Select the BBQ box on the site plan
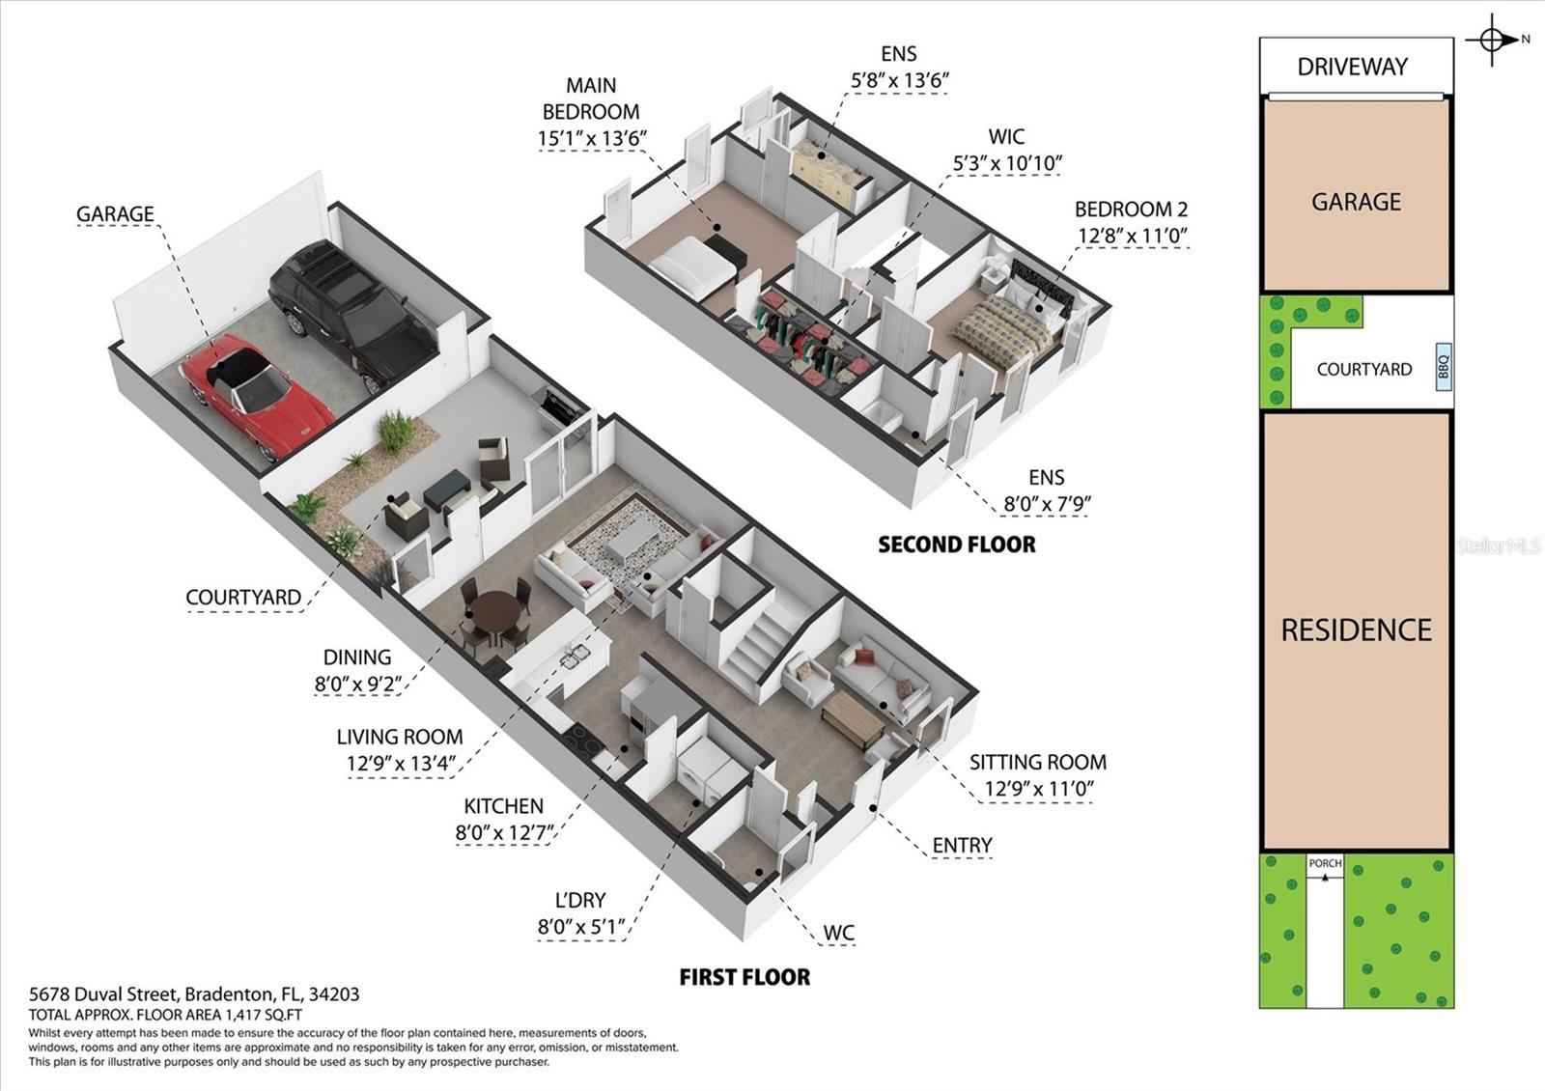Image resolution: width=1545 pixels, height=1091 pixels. coord(1443,368)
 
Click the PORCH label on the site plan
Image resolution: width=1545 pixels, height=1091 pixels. coord(1325,863)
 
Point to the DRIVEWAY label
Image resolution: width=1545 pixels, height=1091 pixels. coord(1352,67)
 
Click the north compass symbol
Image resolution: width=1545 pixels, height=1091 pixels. coord(1492,41)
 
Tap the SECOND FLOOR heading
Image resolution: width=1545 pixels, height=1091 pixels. coord(956,545)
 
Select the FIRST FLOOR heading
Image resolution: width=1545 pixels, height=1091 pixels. coord(744,977)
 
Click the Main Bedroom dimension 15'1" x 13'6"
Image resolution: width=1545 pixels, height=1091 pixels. coord(591,138)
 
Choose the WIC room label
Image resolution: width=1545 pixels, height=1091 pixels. coord(1006,136)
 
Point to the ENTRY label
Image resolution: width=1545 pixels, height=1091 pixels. coord(961,846)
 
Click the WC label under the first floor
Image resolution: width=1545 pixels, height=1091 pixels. coord(838,934)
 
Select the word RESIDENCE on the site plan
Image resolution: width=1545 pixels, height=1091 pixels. coord(1356,630)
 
